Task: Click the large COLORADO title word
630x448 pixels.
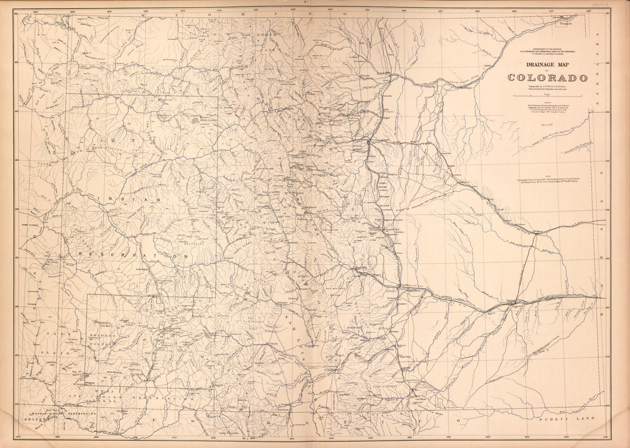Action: [547, 77]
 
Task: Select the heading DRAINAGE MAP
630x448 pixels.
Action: [546, 65]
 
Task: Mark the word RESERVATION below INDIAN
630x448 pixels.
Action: [133, 256]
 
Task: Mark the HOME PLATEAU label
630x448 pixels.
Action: [29, 225]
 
